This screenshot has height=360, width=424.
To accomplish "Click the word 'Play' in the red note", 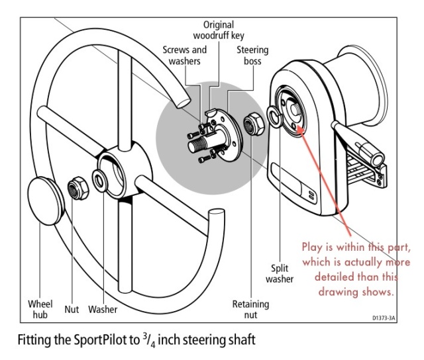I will click(315, 246).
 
